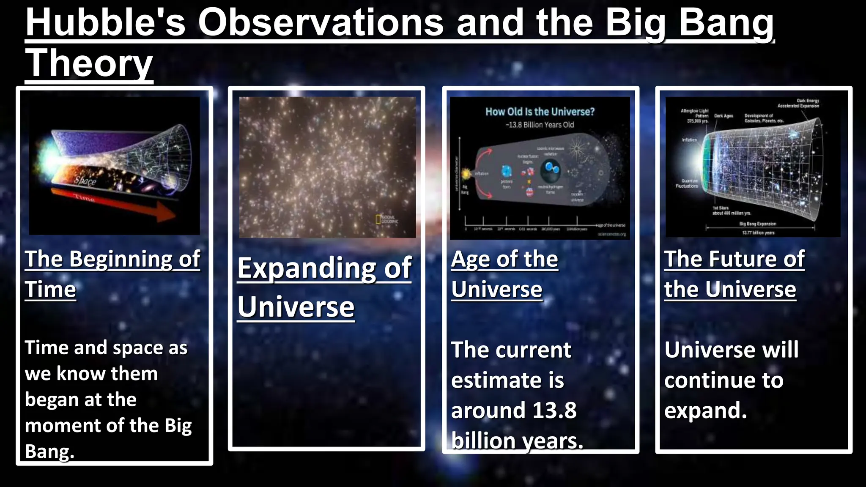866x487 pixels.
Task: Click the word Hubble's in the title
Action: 105,23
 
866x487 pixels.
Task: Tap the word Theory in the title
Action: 89,63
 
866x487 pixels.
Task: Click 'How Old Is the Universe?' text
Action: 540,112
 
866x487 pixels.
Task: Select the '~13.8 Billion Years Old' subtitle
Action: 540,125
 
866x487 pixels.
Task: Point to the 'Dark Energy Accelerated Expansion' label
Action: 798,103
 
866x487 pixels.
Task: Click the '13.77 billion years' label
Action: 758,233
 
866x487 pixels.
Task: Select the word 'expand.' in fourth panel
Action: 705,410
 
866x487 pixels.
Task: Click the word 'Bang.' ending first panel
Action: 49,451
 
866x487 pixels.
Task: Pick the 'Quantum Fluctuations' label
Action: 687,183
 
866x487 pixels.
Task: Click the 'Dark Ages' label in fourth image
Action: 723,116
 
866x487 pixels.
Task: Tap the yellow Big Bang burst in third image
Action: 466,173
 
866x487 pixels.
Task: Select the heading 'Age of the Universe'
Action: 504,274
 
